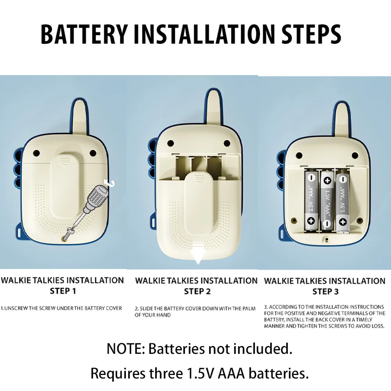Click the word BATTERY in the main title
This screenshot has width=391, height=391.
pos(84,34)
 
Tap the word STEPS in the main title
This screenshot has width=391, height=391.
pos(311,34)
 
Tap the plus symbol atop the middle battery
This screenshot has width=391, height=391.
pos(327,181)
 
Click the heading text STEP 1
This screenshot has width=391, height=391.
pos(63,291)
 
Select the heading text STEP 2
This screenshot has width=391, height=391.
pos(197,291)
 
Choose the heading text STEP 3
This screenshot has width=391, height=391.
pos(326,292)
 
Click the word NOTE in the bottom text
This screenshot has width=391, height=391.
pos(124,349)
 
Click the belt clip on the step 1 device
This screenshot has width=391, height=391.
pos(65,186)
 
